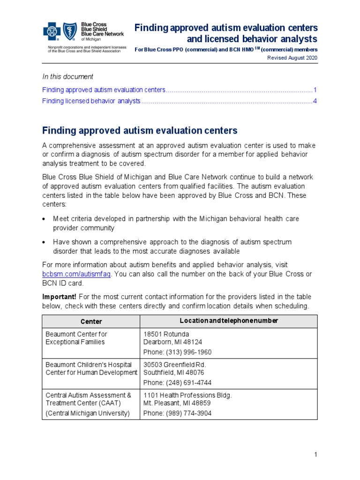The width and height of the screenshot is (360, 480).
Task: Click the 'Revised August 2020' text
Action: (x=292, y=58)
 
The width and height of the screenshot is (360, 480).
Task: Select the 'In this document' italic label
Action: (x=67, y=76)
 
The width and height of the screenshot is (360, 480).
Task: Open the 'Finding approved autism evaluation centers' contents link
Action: (x=104, y=90)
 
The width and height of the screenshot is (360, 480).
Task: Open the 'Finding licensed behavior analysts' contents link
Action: (x=91, y=101)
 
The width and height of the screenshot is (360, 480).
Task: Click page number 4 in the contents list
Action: (x=315, y=101)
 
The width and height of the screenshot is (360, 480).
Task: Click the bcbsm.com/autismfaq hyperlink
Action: (x=76, y=274)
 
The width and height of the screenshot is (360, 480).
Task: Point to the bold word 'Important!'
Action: (x=60, y=297)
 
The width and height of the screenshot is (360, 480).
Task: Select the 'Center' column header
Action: (x=91, y=322)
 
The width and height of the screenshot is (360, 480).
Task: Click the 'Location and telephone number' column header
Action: (x=229, y=321)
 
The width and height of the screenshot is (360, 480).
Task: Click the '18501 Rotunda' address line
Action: (x=166, y=334)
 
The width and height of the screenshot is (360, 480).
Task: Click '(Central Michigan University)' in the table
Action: (x=87, y=413)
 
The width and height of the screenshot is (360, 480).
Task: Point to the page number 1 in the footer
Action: (x=316, y=455)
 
